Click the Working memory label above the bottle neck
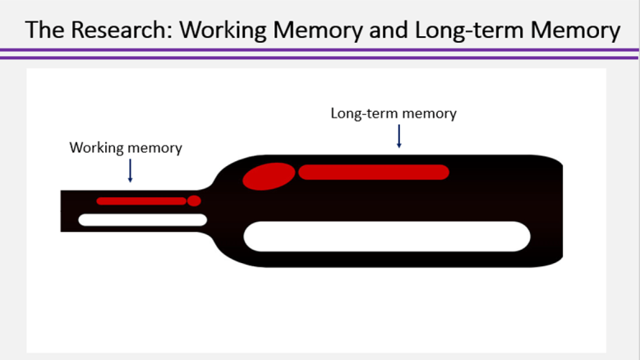click(126, 148)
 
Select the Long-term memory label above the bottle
click(394, 113)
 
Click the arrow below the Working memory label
click(130, 170)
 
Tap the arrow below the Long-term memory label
click(398, 136)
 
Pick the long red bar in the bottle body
click(374, 172)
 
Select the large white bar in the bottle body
click(387, 236)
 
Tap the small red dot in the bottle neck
click(194, 201)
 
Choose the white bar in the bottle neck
click(142, 219)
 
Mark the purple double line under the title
click(320, 53)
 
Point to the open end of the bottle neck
click(62, 210)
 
